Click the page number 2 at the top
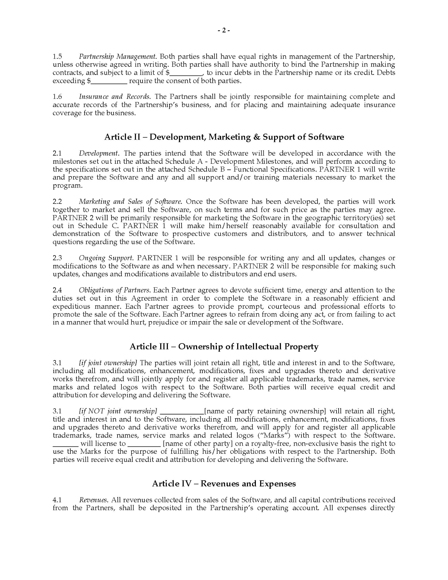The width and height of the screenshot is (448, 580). tap(224, 30)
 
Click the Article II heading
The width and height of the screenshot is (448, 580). tap(224, 137)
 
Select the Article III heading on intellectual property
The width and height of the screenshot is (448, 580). tap(224, 346)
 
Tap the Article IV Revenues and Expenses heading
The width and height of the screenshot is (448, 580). tap(224, 484)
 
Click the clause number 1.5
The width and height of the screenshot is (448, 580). tap(57, 56)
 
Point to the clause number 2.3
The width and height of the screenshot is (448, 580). tap(57, 258)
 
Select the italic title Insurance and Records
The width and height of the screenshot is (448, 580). tap(114, 97)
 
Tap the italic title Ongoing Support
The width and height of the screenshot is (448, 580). tap(106, 258)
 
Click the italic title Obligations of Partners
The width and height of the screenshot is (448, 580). tap(114, 290)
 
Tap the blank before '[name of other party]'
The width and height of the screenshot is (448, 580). tap(144, 444)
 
